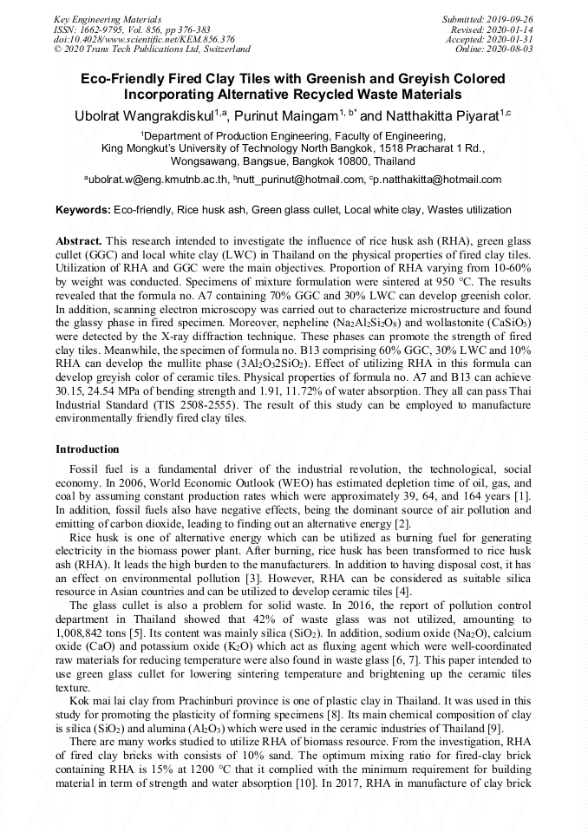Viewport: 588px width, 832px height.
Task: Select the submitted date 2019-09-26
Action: pyautogui.click(x=510, y=18)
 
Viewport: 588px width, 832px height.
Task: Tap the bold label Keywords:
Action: pyautogui.click(x=83, y=210)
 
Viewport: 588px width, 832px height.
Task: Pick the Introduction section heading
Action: pyautogui.click(x=88, y=449)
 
